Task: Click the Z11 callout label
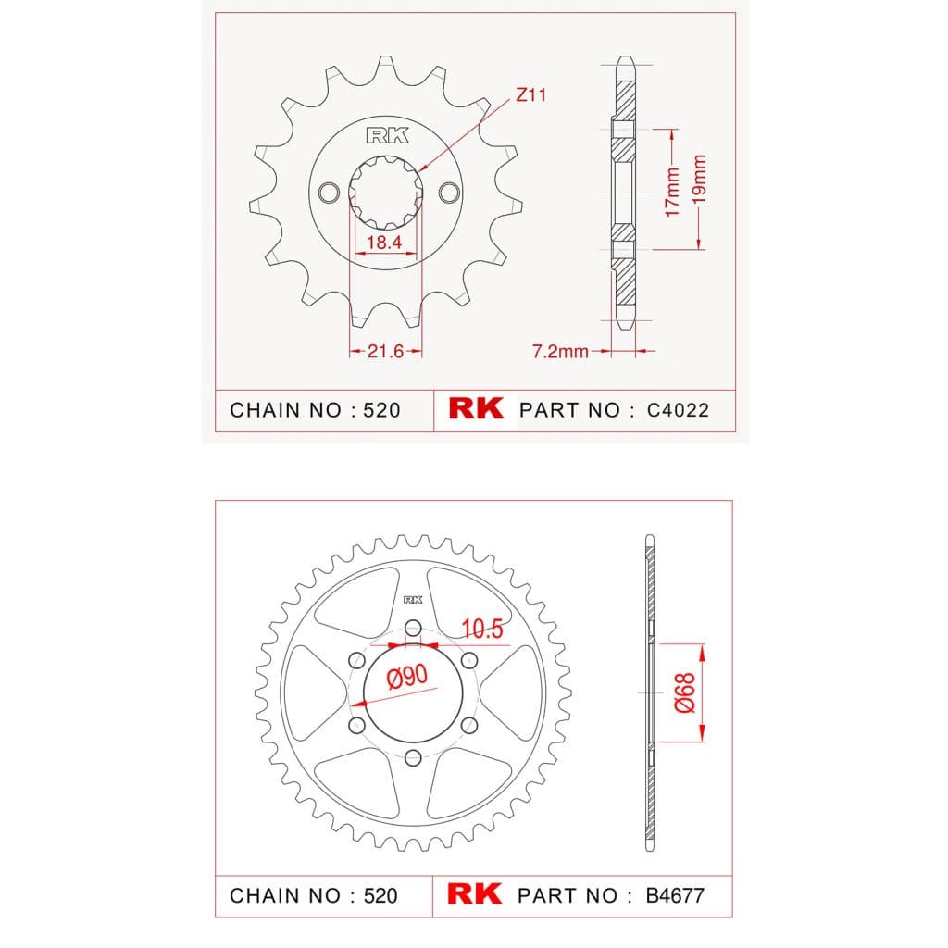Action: (530, 95)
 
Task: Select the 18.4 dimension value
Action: (384, 242)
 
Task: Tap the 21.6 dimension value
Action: (385, 351)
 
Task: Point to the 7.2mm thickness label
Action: (560, 351)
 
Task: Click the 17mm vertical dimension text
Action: (672, 193)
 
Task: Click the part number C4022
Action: (678, 410)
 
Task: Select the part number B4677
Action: (675, 895)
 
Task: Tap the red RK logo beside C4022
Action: (476, 408)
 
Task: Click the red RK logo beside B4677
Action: (475, 893)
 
